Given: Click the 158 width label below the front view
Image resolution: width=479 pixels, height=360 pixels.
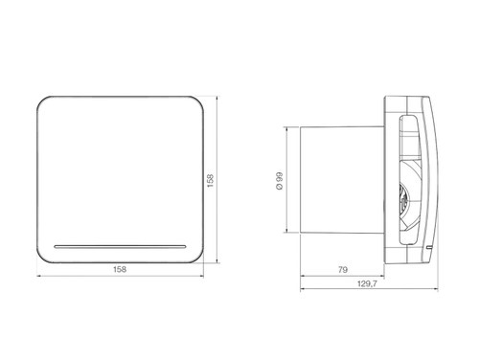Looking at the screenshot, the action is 120,269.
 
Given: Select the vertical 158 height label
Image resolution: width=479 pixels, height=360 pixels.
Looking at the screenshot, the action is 211,181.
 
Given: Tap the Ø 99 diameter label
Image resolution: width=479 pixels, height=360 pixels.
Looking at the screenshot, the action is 279,181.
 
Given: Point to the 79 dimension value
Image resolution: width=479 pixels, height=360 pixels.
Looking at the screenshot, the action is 342,270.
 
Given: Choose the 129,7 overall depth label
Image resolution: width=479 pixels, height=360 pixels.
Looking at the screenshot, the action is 367,283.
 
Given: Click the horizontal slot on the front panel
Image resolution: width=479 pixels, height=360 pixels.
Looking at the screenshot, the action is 120,247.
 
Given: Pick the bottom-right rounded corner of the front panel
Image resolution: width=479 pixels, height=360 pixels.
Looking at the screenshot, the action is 197,258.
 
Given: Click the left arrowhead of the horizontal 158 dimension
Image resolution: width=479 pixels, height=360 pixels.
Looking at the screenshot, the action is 39,276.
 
